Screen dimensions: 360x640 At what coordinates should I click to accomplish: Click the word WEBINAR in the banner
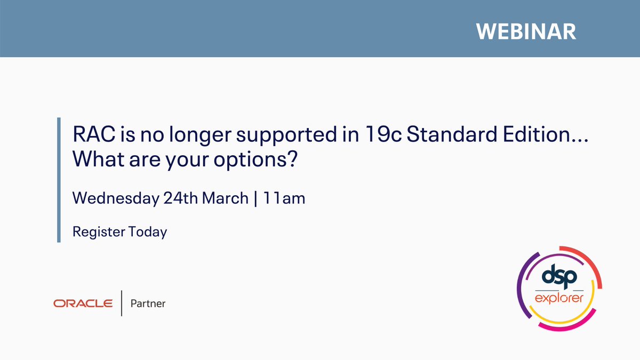click(x=526, y=31)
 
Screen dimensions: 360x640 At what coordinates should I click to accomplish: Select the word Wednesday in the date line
click(x=115, y=198)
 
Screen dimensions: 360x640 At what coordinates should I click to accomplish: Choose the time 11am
click(x=285, y=198)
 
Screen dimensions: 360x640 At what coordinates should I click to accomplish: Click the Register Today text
click(x=119, y=232)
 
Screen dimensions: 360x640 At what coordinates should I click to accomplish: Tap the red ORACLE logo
click(x=83, y=303)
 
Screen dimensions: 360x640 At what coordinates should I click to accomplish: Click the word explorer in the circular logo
click(x=560, y=297)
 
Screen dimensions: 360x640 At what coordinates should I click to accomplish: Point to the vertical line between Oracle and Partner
click(x=122, y=303)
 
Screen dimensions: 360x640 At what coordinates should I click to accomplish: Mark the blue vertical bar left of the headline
click(x=59, y=180)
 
